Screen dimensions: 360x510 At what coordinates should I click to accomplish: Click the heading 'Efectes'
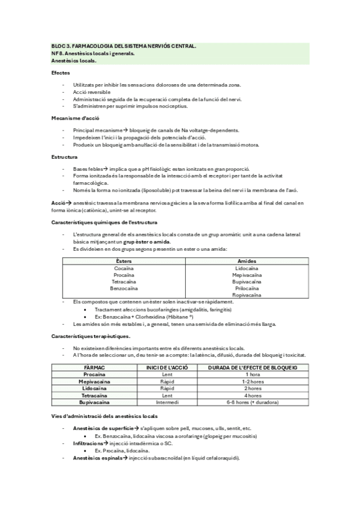tap(60, 72)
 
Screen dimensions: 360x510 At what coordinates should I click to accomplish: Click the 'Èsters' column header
tap(124, 260)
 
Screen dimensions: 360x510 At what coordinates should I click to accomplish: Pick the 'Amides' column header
tap(246, 260)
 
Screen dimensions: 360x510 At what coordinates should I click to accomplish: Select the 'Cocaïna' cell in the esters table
tap(124, 268)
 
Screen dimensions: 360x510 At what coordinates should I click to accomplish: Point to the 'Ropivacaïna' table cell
tap(246, 295)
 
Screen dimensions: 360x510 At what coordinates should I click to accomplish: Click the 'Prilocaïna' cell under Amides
tap(246, 288)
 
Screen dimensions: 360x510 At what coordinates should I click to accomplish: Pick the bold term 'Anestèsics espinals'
tap(96, 458)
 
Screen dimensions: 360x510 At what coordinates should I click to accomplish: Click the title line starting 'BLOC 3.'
tap(123, 46)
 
